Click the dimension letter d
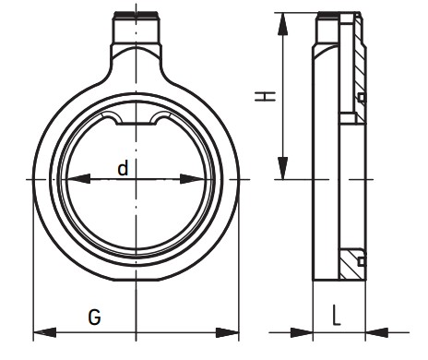click(123, 169)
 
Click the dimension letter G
click(94, 317)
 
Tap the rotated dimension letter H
click(265, 96)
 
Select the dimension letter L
click(337, 315)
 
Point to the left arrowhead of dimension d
click(77, 179)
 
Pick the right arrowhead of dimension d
click(193, 179)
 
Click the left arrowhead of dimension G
click(44, 332)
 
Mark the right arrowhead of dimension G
click(227, 332)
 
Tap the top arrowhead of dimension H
click(282, 24)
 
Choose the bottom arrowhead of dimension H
click(282, 168)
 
